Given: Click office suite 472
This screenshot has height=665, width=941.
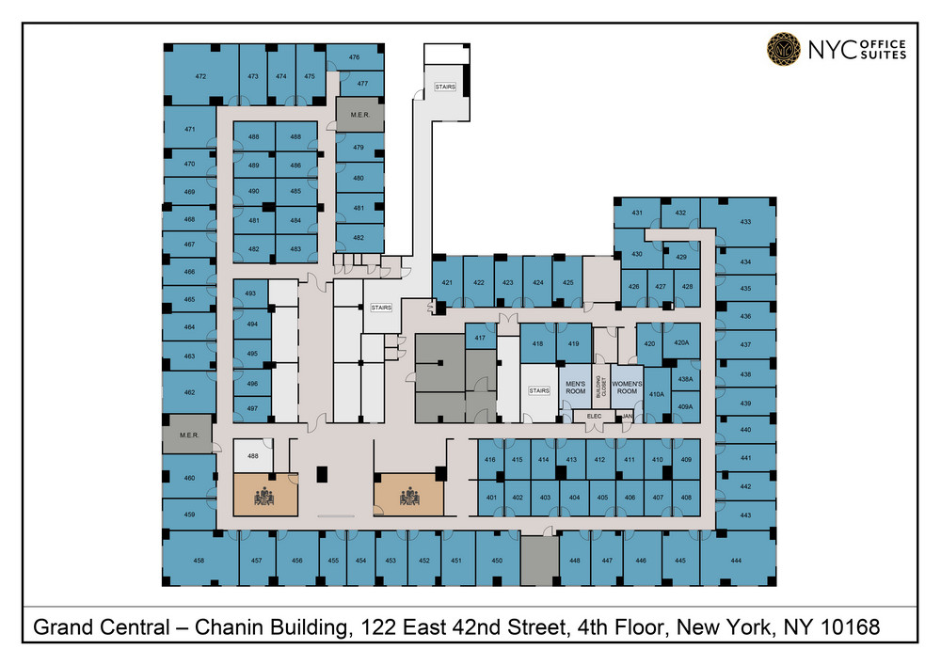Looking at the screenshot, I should click(x=200, y=75).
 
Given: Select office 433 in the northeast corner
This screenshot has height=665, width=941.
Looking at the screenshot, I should click(x=745, y=222).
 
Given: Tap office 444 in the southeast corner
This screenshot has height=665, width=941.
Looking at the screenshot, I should click(x=737, y=561).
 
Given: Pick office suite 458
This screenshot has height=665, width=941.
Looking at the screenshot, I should click(x=199, y=561).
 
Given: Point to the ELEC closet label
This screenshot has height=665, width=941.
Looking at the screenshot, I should click(x=594, y=416).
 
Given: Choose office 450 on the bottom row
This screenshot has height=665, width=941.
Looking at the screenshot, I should click(x=497, y=561).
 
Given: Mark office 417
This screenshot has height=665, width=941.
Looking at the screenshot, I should click(x=480, y=339).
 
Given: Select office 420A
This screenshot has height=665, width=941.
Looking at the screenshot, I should click(x=683, y=344).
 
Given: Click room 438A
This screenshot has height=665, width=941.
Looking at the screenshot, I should click(x=685, y=378).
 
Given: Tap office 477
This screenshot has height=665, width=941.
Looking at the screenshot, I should click(x=362, y=84).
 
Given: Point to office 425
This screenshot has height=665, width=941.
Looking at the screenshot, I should click(x=568, y=282).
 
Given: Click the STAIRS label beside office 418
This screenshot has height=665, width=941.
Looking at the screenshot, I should click(x=539, y=390).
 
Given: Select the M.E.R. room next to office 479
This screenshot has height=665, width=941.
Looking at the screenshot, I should click(x=361, y=114).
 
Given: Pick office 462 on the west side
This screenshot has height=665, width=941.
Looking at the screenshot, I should click(x=189, y=393).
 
